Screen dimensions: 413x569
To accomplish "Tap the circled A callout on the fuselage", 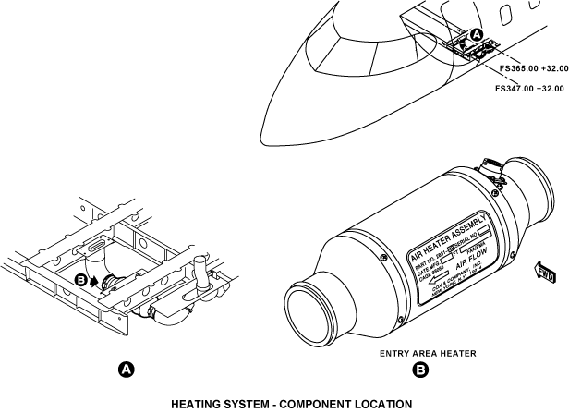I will tap(477, 35).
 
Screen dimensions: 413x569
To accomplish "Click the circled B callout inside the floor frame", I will tap(80, 278).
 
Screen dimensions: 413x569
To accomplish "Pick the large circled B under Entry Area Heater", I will tap(420, 370).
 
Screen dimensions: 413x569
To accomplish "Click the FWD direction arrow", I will tap(544, 272).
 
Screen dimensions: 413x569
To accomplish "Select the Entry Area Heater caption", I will tap(420, 353).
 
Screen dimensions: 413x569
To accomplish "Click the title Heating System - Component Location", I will tap(284, 405).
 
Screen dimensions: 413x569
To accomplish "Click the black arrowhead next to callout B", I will tap(93, 280).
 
